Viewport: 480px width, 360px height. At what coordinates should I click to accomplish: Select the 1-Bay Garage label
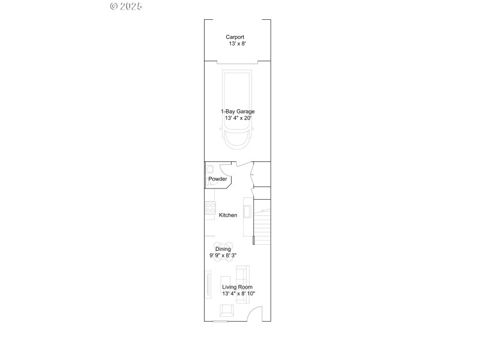[x=237, y=111]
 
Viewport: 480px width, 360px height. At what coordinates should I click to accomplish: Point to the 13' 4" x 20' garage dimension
[x=238, y=118]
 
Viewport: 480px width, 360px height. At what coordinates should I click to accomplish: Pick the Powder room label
[x=217, y=179]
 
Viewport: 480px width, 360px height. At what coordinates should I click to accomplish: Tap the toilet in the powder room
[x=211, y=169]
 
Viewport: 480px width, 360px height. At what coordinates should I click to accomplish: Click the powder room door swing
[x=225, y=169]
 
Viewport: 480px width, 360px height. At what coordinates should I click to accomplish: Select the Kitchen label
[x=228, y=215]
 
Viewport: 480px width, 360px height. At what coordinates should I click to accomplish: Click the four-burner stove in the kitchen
[x=211, y=208]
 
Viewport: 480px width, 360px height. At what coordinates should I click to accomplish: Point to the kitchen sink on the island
[x=247, y=209]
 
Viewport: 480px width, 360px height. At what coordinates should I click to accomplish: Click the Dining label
[x=223, y=249]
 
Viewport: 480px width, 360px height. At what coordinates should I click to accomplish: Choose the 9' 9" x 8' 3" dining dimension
[x=223, y=256]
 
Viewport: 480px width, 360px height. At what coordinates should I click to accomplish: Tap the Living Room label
[x=237, y=287]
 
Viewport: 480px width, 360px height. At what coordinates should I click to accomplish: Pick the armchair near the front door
[x=227, y=310]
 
